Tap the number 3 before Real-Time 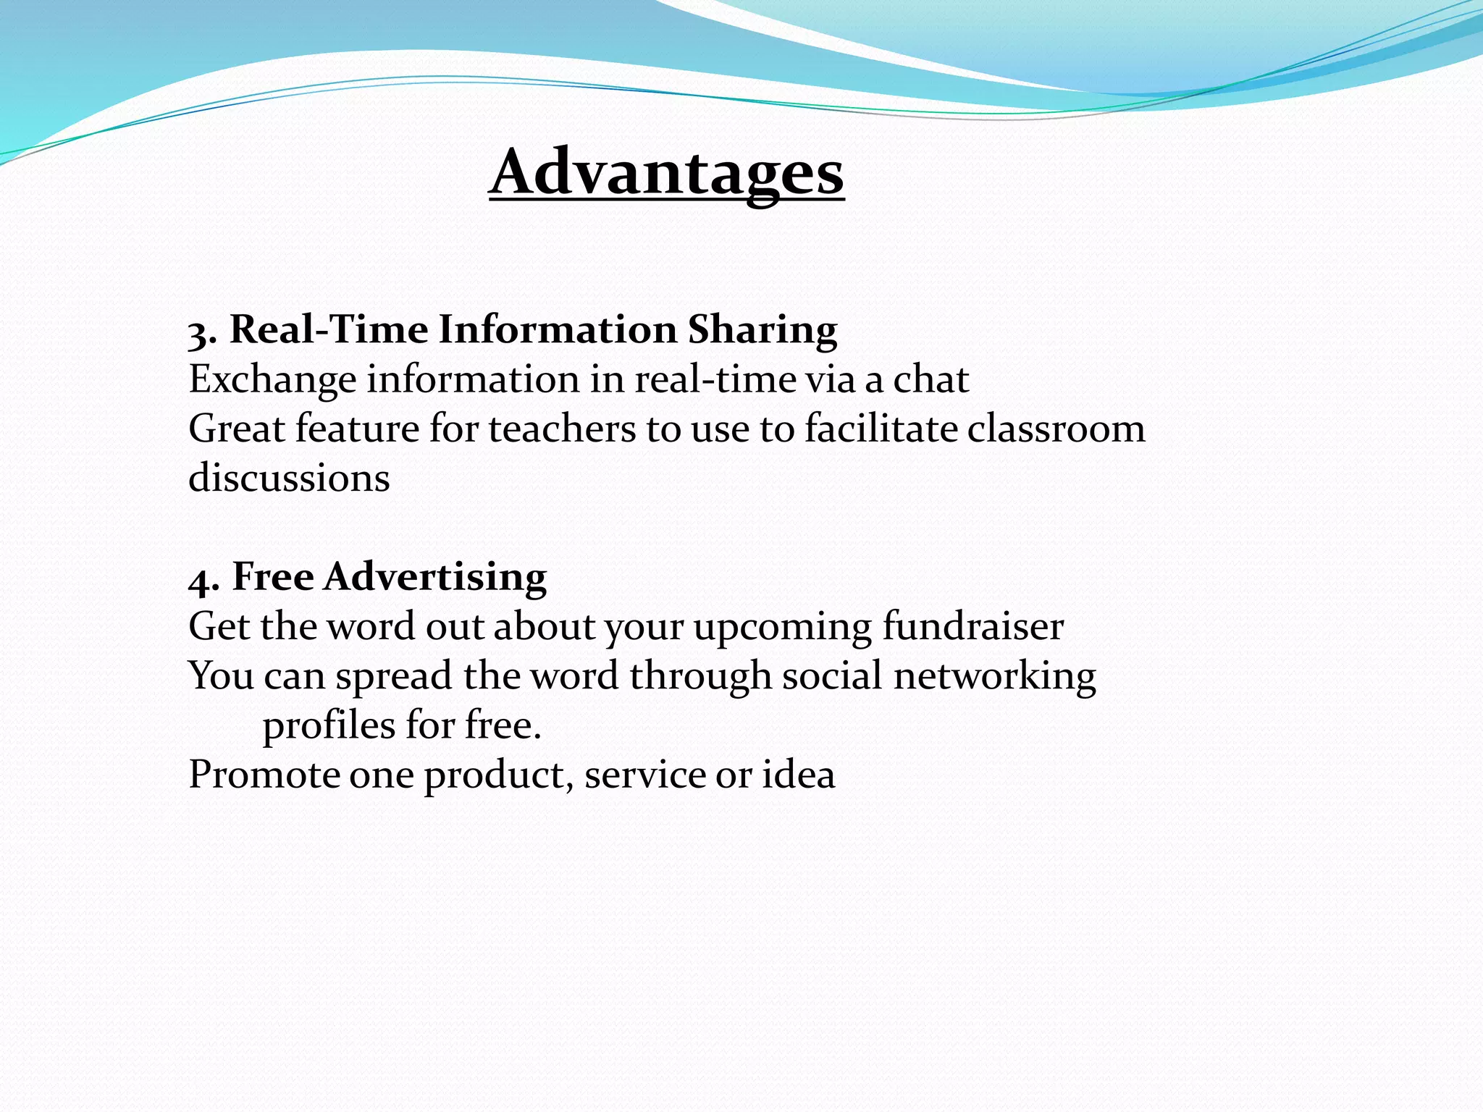(200, 333)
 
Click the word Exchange (272, 380)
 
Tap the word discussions (289, 479)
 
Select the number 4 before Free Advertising (201, 580)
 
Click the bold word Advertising (434, 577)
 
